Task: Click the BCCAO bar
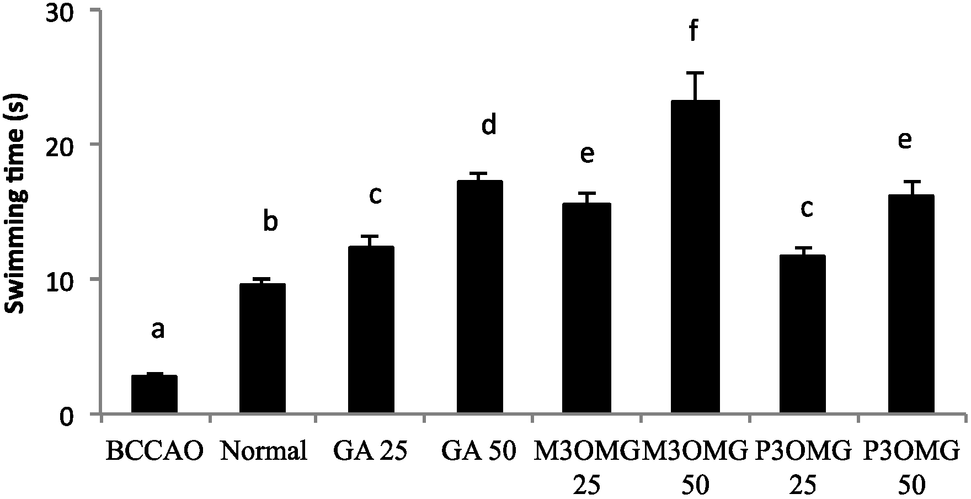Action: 154,394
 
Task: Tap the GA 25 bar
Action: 371,330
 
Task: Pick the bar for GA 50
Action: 479,297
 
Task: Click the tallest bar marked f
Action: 696,257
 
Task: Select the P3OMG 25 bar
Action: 803,334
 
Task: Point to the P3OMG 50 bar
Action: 911,304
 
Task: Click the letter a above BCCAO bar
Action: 158,330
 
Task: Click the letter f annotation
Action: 694,32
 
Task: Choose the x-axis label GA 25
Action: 371,452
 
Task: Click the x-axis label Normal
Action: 263,452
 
